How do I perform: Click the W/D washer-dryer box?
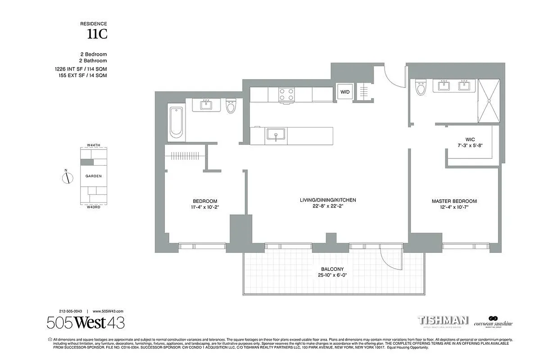click(x=345, y=92)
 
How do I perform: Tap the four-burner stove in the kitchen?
click(x=286, y=94)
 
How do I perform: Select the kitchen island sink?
click(x=274, y=135)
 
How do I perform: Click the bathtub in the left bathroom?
click(x=176, y=122)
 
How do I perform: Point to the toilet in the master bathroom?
click(x=421, y=88)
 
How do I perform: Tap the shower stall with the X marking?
click(x=489, y=101)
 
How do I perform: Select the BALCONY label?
click(x=332, y=269)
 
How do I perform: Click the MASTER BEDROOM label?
click(x=454, y=201)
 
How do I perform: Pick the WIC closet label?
click(x=471, y=139)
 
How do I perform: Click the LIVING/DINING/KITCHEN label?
click(x=328, y=200)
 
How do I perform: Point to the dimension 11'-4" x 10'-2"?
click(x=205, y=207)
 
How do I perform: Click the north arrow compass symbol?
click(x=67, y=177)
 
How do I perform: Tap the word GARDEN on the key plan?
click(x=93, y=176)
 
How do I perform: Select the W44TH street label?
click(x=93, y=146)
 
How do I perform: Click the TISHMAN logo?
click(x=443, y=320)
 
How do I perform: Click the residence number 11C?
click(x=97, y=34)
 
